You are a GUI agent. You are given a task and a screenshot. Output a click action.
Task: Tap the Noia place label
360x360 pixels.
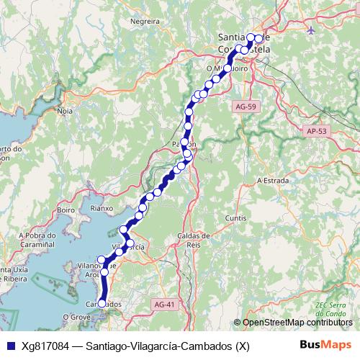pyautogui.click(x=66, y=111)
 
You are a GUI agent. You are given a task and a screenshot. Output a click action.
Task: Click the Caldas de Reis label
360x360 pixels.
pyautogui.click(x=193, y=240)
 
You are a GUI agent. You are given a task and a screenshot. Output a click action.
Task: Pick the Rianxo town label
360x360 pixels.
pyautogui.click(x=102, y=208)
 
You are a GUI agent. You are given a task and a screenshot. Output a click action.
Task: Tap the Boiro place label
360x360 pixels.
pyautogui.click(x=66, y=210)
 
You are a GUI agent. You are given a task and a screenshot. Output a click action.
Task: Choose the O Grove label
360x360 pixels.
pyautogui.click(x=75, y=317)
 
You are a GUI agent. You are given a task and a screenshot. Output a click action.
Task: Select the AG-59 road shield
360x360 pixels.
pyautogui.click(x=246, y=107)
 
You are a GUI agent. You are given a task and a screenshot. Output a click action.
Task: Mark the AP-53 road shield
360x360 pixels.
pyautogui.click(x=316, y=131)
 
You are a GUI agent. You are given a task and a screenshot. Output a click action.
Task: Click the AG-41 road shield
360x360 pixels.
pyautogui.click(x=164, y=305)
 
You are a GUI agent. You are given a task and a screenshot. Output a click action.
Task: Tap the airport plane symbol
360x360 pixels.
pyautogui.click(x=310, y=30)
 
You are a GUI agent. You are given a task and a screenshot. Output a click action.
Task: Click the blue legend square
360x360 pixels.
pyautogui.click(x=9, y=346)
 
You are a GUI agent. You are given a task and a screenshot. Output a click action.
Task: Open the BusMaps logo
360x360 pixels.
pyautogui.click(x=325, y=345)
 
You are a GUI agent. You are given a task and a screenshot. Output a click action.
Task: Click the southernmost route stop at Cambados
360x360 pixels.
pyautogui.click(x=102, y=305)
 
